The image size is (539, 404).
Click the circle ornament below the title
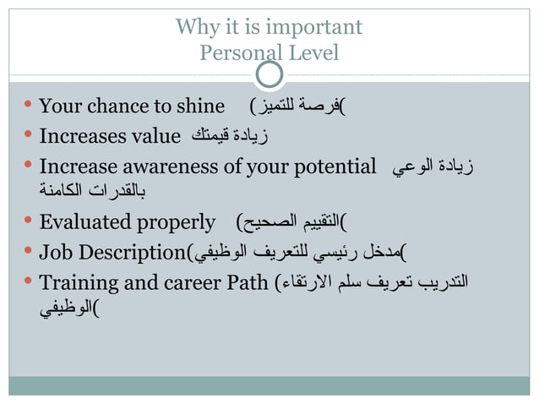coord(269,75)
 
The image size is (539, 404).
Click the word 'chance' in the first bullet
coord(117,106)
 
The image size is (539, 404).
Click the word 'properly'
coord(182,223)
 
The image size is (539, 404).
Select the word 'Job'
coord(55,252)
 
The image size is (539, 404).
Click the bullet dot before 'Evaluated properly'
coord(27,221)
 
